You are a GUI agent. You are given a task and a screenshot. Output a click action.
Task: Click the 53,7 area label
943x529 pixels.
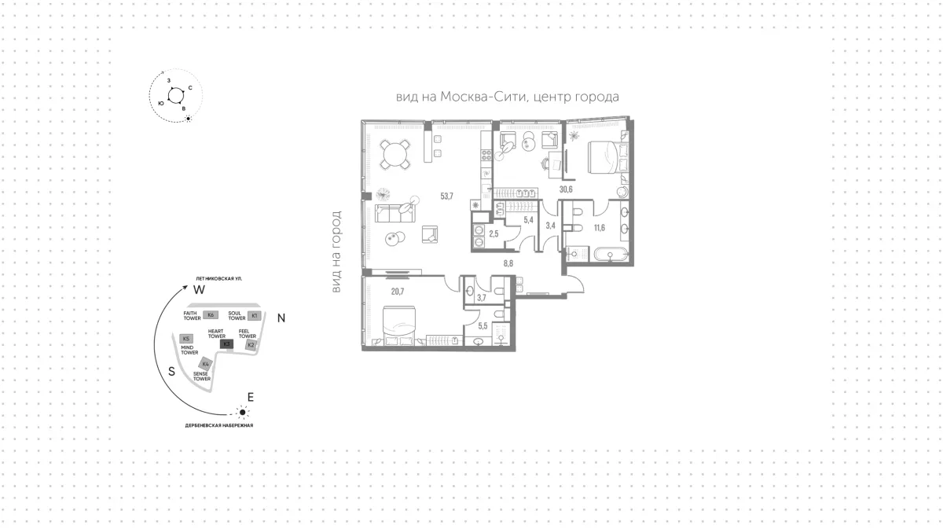point(446,197)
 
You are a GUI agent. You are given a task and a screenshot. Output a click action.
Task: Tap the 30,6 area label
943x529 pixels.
point(566,189)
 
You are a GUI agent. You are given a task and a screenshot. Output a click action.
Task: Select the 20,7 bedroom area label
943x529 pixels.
point(398,292)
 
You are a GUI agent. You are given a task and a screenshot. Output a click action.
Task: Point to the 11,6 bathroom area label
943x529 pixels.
point(600,228)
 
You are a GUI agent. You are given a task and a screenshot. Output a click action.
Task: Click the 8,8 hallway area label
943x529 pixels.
point(508,263)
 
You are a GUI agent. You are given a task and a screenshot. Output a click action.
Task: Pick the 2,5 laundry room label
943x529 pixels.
point(494,233)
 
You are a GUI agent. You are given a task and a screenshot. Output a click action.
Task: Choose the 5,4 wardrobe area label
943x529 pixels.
point(528,220)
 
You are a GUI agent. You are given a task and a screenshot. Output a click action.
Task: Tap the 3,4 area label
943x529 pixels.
point(550,226)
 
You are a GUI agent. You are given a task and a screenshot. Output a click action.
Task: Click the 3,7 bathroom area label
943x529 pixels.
point(482,298)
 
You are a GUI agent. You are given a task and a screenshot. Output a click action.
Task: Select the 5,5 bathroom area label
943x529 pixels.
point(483,326)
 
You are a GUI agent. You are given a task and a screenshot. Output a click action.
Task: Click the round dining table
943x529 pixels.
point(394,155)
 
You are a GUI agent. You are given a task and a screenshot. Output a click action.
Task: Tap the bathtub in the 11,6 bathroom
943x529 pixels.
point(611,255)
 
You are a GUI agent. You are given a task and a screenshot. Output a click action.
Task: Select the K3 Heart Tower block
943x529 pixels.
point(226,344)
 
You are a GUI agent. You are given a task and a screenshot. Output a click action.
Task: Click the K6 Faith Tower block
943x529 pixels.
point(211,315)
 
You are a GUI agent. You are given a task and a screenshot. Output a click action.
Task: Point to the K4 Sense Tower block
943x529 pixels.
point(205,364)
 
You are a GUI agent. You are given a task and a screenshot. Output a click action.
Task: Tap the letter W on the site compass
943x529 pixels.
point(199,290)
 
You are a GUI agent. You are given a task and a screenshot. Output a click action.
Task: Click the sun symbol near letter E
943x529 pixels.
point(242,413)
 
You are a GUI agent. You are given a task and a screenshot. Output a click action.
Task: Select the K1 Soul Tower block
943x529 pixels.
point(255,315)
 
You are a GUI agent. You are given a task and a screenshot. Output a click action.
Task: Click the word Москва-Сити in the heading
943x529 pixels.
point(484,97)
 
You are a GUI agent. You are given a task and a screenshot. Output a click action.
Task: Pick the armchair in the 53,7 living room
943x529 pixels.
point(430,234)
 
